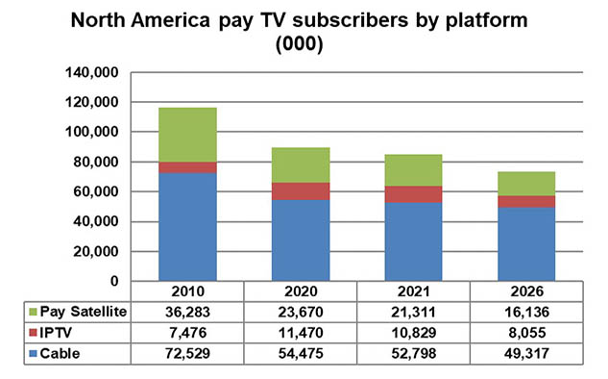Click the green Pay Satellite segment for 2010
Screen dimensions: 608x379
pos(187,135)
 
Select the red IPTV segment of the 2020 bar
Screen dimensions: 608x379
pos(301,191)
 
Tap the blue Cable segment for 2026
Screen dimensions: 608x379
pos(526,244)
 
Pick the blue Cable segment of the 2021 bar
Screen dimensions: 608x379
pos(413,241)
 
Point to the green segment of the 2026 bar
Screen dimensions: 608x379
pos(526,184)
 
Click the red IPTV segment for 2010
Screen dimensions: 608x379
pos(187,167)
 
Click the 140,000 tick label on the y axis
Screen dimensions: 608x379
pos(91,72)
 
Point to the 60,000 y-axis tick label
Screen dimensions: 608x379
pos(95,191)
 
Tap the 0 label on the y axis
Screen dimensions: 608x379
pos(114,281)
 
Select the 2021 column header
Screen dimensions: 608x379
pos(413,291)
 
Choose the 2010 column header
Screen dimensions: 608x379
pos(187,291)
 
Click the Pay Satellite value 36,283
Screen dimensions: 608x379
pos(187,312)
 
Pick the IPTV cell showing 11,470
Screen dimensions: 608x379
pos(301,333)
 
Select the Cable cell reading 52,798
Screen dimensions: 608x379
pos(413,353)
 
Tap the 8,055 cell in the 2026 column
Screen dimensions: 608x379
pos(526,333)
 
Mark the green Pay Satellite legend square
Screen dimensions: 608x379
pos(33,312)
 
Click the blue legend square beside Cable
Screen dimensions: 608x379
pos(33,353)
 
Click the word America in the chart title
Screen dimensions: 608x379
pos(170,20)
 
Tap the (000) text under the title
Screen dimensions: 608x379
pos(300,43)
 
